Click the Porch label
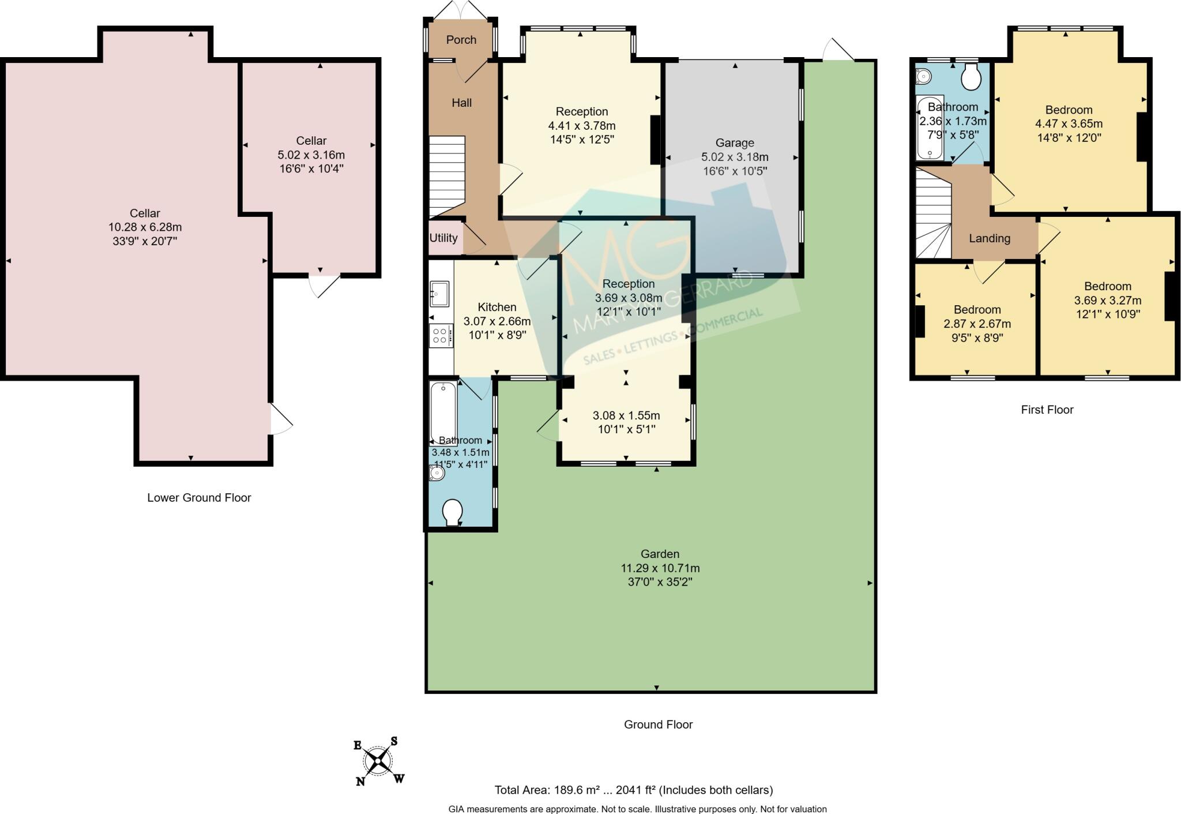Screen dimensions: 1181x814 coord(461,40)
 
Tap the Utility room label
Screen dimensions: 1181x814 coord(443,238)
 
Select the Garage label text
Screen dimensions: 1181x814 coord(735,143)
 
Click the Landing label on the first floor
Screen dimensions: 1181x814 coord(990,238)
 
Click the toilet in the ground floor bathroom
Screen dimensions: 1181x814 coord(452,512)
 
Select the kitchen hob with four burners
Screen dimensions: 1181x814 coord(441,336)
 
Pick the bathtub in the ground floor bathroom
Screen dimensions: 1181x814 coord(443,412)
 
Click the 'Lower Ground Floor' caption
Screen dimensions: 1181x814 coord(199,498)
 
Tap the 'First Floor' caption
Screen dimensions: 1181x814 coord(1047,410)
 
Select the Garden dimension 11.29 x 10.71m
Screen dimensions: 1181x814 coord(660,568)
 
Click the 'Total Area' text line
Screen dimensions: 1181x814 coord(634,790)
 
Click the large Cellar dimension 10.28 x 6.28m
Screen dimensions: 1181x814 coord(145,227)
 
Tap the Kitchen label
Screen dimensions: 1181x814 coord(497,307)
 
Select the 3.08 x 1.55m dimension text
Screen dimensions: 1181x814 coord(626,415)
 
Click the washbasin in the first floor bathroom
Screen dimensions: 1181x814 coord(923,76)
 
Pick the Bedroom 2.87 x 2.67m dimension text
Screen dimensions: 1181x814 coord(977,324)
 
